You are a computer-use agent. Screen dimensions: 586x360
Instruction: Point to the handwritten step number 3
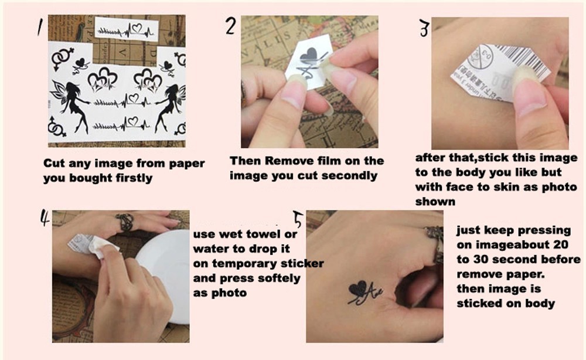[424, 28]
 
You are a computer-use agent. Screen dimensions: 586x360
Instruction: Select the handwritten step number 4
[45, 218]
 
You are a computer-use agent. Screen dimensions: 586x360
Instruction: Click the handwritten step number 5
[298, 219]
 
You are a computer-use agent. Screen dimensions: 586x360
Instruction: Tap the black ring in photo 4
[125, 220]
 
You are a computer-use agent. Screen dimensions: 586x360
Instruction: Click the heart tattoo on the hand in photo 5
[357, 288]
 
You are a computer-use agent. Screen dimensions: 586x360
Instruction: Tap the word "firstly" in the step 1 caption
[134, 178]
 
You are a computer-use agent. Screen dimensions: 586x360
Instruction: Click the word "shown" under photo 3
[435, 202]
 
